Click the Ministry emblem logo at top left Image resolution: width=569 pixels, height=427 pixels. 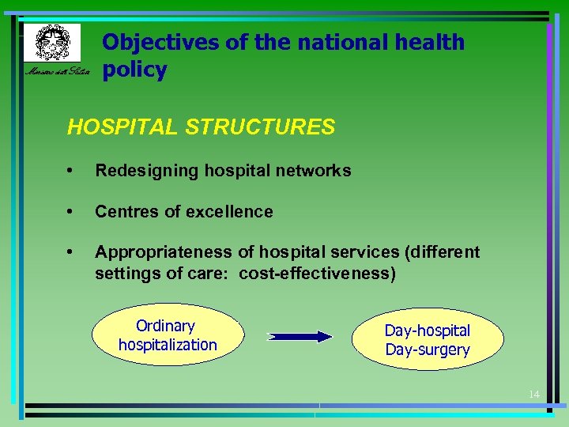pyautogui.click(x=51, y=42)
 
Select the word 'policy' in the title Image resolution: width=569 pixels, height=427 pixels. pyautogui.click(x=134, y=70)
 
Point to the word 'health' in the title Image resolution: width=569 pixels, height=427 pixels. pyautogui.click(x=426, y=42)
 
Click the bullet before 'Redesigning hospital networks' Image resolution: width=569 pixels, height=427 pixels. pyautogui.click(x=71, y=171)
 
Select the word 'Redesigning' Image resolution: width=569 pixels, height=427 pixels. pyautogui.click(x=141, y=171)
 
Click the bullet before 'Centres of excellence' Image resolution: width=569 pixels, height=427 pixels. pyautogui.click(x=71, y=212)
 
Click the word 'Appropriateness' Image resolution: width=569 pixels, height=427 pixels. pyautogui.click(x=163, y=252)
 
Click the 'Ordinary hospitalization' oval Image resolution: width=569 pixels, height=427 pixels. pyautogui.click(x=167, y=335)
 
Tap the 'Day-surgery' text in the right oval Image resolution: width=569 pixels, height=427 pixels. pyautogui.click(x=427, y=350)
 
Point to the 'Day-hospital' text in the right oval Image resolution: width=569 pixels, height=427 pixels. pyautogui.click(x=427, y=331)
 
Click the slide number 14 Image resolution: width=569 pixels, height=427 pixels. pyautogui.click(x=534, y=394)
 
